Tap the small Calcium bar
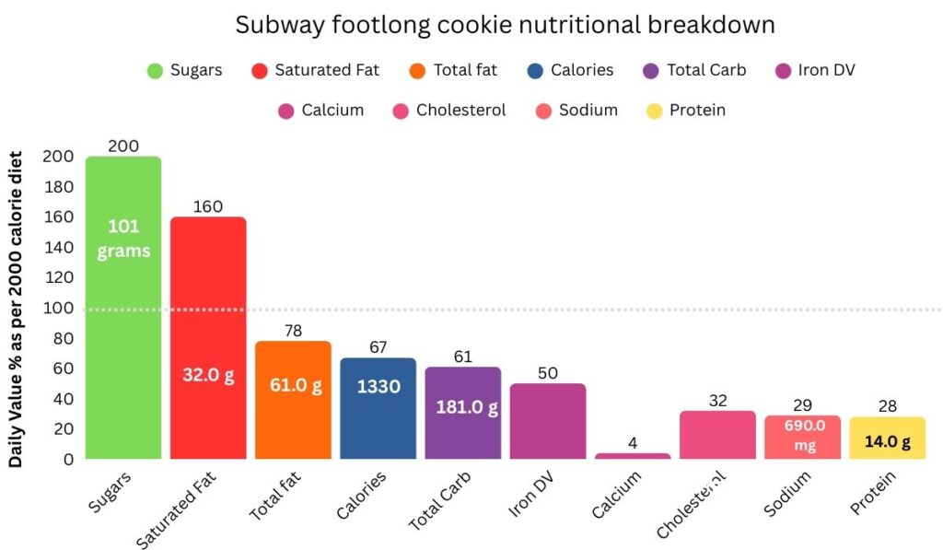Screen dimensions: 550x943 point(633,455)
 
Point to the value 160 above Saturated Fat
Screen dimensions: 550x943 point(208,206)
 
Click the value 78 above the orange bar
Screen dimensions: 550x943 point(293,330)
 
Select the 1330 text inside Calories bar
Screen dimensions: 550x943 point(378,387)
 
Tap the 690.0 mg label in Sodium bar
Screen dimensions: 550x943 point(802,436)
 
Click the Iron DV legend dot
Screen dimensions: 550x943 point(785,71)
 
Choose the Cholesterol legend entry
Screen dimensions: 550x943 point(460,111)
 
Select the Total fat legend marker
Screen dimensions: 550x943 point(417,71)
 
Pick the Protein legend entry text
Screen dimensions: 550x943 point(697,111)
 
